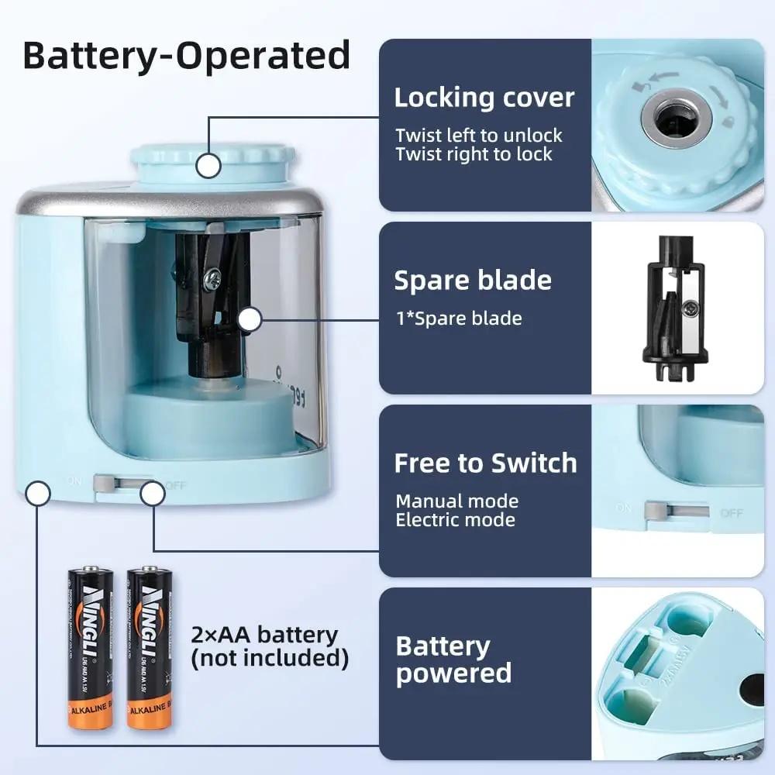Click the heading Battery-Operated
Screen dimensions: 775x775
(x=186, y=56)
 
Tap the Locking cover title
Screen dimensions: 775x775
(x=484, y=98)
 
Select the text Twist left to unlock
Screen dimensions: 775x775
(x=478, y=136)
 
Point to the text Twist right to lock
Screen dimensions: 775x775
(x=474, y=154)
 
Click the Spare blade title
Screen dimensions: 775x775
(x=473, y=281)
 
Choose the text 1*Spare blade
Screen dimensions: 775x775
(x=458, y=318)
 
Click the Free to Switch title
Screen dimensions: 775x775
(x=485, y=463)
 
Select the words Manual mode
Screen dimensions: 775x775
(x=456, y=501)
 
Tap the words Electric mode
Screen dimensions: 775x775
(x=455, y=520)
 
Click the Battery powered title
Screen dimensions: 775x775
(x=453, y=660)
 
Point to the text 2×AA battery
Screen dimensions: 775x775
(x=264, y=635)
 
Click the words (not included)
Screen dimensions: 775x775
(x=269, y=659)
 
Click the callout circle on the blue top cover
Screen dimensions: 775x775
(x=208, y=165)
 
